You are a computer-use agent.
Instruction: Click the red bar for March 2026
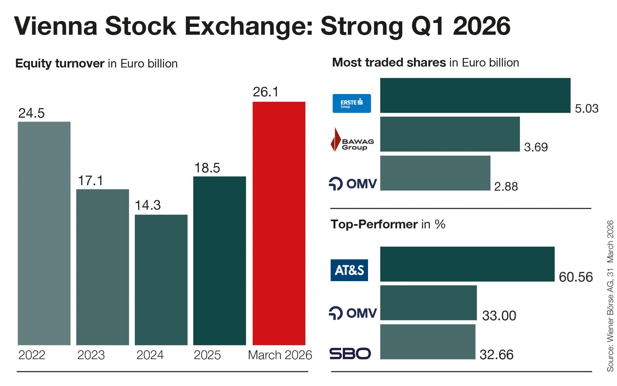278,223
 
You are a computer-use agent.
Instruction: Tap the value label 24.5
31,113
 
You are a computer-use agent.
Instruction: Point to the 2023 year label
91,355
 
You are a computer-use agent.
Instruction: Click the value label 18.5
207,168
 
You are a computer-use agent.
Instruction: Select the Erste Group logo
351,104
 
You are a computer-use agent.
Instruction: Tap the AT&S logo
349,270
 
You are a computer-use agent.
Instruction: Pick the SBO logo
350,354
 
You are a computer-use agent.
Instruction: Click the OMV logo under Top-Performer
353,313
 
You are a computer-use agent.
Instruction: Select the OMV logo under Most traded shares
353,183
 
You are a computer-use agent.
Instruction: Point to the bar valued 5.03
475,95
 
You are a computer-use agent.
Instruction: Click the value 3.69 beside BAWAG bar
536,147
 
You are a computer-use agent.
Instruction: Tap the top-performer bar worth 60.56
467,264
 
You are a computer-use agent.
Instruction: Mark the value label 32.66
496,355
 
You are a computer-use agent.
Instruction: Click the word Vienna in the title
56,26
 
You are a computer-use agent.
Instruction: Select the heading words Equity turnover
60,63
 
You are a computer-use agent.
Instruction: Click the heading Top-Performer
374,224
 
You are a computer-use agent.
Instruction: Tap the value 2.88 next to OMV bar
506,186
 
